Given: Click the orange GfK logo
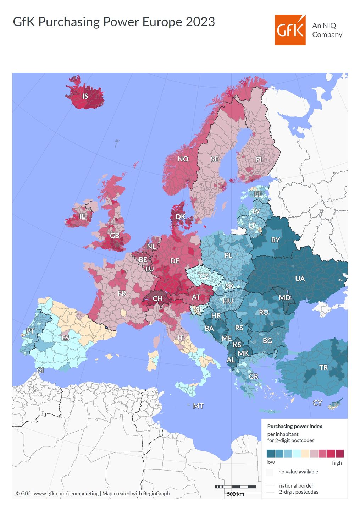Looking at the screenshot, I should (x=290, y=30).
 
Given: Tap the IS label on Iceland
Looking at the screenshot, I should (x=85, y=96).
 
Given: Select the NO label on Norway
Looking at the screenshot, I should (x=183, y=159).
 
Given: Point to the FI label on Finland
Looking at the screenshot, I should (x=259, y=159).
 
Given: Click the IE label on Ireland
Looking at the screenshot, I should (x=82, y=216).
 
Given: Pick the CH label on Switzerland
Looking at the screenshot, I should (x=157, y=298).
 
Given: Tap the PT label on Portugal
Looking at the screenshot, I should (x=30, y=331).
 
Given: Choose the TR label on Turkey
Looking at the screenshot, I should (x=323, y=368).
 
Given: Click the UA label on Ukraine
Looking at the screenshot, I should (x=300, y=279).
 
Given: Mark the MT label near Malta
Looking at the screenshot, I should (x=198, y=406).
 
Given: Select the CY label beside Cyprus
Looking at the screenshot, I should (x=317, y=403).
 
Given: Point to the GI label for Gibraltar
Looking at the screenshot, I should (x=40, y=370).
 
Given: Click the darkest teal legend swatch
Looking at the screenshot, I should (x=271, y=454).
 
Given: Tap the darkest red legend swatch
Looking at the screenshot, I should (x=339, y=454).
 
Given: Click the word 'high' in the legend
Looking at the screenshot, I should (x=337, y=463).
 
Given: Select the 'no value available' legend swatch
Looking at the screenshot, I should (x=270, y=472).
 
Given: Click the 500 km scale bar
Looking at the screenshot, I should (x=236, y=487).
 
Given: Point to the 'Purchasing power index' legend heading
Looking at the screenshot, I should (x=294, y=426).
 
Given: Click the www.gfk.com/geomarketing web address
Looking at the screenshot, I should (x=66, y=493).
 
